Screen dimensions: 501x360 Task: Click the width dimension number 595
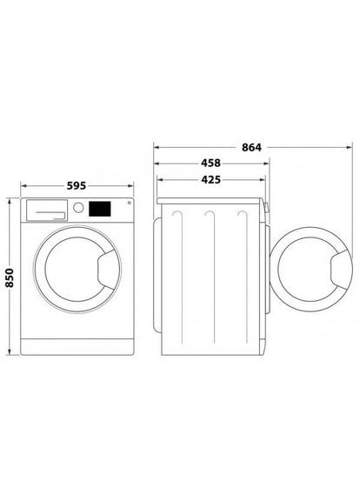pyautogui.click(x=76, y=187)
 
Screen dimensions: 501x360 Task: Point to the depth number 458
pyautogui.click(x=210, y=164)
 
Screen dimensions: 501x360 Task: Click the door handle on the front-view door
pyautogui.click(x=105, y=271)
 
